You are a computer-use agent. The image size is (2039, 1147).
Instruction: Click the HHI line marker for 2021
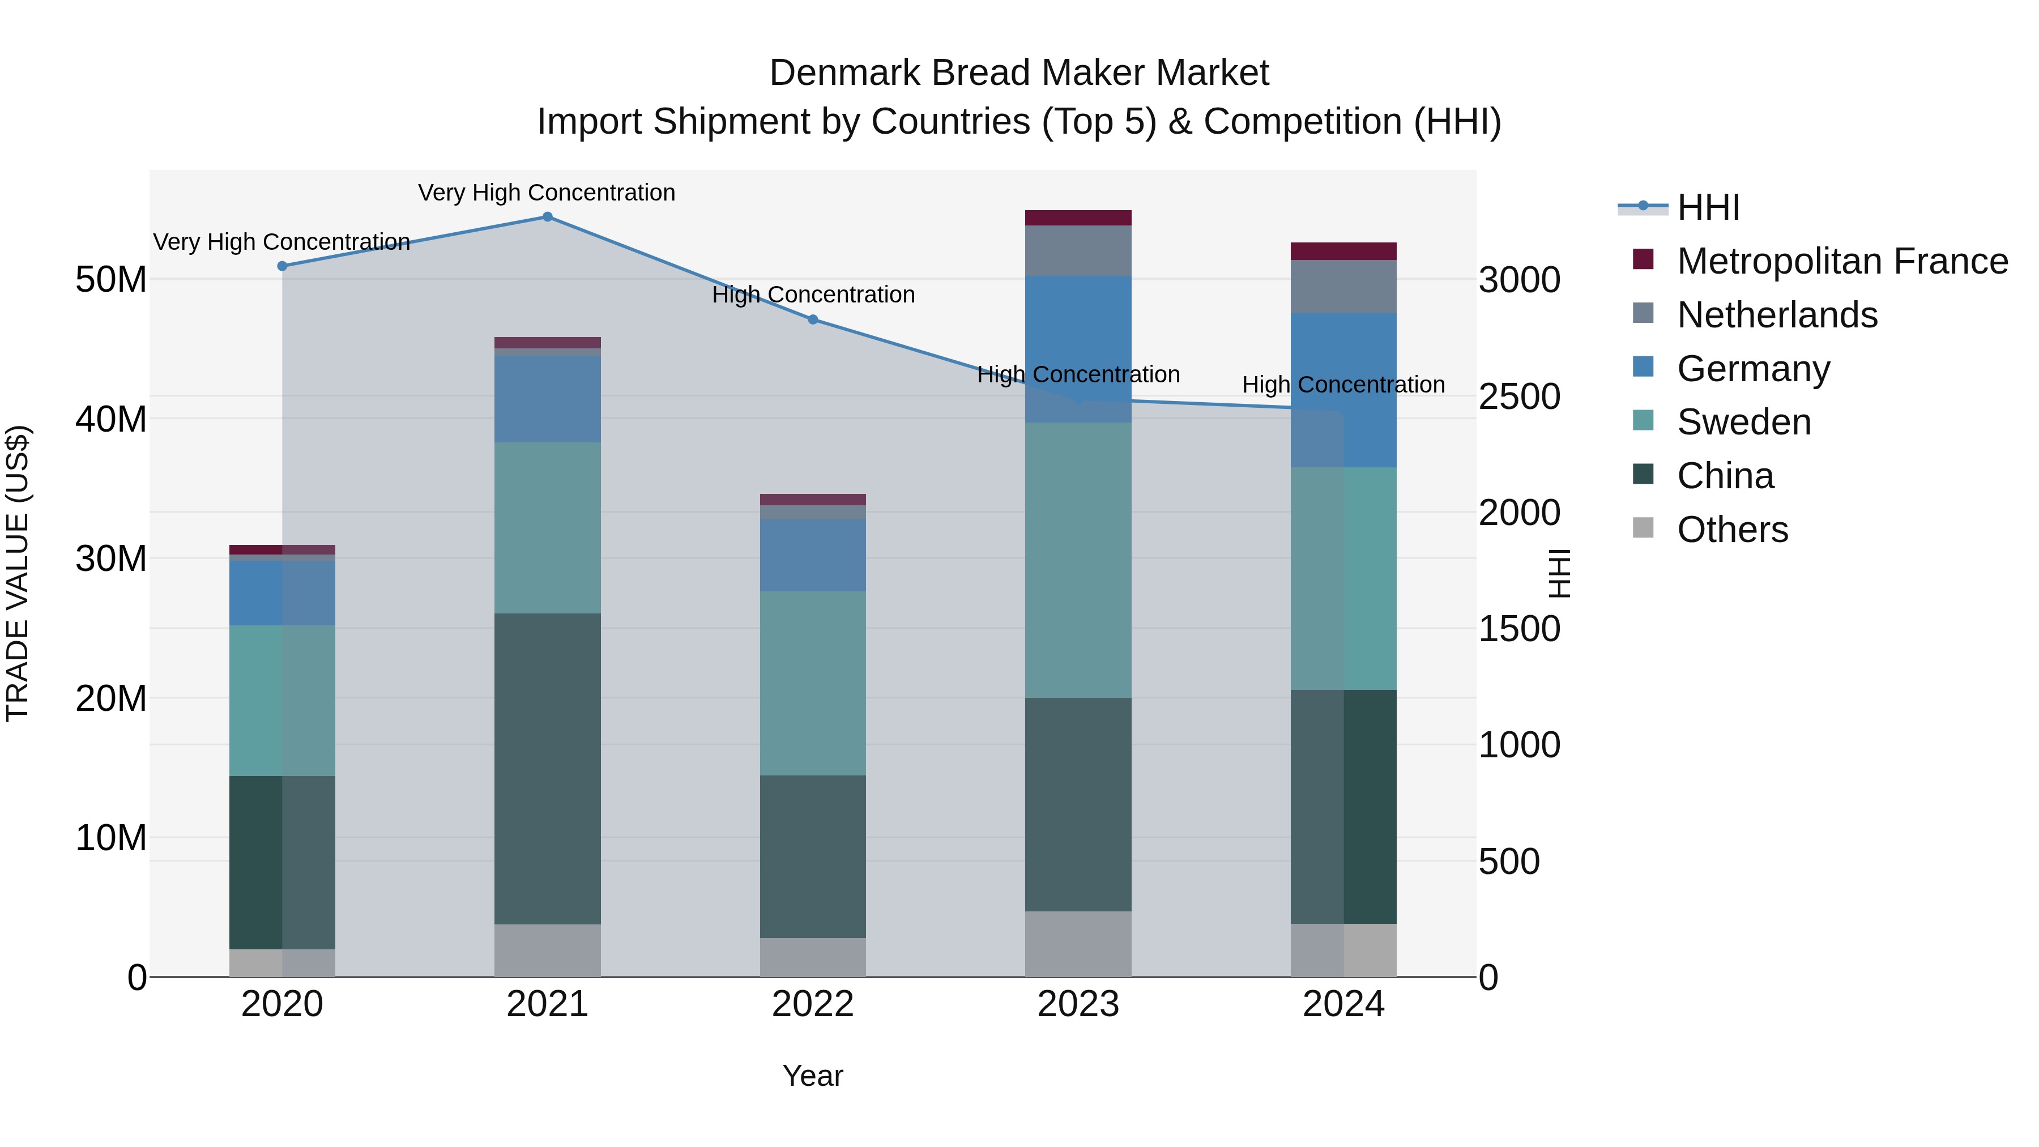click(547, 216)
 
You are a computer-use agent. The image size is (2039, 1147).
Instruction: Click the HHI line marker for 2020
click(282, 266)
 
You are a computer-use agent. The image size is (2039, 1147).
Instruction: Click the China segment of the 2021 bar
click(547, 768)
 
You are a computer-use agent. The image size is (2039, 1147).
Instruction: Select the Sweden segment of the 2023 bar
click(1078, 559)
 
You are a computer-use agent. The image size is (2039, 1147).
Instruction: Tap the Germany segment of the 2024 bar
click(1343, 390)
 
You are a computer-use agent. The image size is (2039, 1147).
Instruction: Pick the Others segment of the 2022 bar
click(813, 957)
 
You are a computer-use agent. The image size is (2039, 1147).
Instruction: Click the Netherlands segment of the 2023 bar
click(1078, 250)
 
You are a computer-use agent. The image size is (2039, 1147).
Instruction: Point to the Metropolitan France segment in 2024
click(1343, 251)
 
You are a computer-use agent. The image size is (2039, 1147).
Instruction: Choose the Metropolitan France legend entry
click(1842, 261)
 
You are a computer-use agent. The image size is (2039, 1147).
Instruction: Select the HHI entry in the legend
click(1708, 207)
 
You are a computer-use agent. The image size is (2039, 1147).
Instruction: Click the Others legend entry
click(1732, 530)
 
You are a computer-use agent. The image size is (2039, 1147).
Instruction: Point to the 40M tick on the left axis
click(111, 419)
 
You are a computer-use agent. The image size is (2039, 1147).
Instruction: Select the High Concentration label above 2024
click(1343, 385)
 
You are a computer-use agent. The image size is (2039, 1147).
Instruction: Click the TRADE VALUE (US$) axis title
click(18, 573)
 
